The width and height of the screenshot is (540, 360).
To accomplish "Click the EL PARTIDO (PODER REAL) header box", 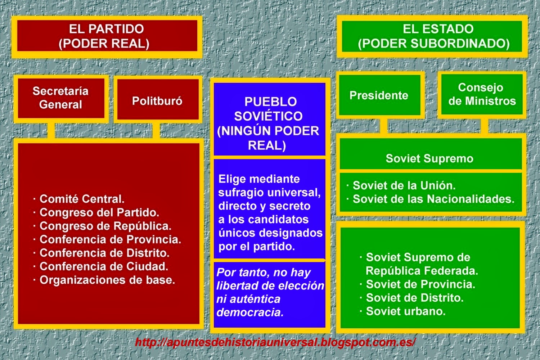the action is click(x=107, y=37).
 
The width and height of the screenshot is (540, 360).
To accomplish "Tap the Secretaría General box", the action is click(x=61, y=99).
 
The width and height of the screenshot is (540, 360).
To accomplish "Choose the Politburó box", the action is click(x=158, y=99).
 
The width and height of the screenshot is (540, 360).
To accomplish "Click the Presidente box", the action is click(x=380, y=95).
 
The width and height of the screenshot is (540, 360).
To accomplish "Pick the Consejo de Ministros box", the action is click(x=482, y=95).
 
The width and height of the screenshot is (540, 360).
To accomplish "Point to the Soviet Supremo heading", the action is click(x=429, y=158).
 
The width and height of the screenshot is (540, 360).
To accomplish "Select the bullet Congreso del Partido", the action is click(x=96, y=212).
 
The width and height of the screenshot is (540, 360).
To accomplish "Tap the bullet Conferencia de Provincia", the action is click(x=107, y=239).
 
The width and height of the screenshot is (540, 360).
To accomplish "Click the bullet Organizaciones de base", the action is click(x=104, y=280).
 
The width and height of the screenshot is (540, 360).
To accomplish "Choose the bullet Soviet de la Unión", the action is click(x=401, y=185).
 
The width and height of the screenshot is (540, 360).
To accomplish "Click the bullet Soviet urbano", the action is click(x=402, y=311).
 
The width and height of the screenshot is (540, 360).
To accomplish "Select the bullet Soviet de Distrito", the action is click(x=411, y=298).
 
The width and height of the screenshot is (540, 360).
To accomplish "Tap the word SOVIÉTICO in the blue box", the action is click(x=268, y=116).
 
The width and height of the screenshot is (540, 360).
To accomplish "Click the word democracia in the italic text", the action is click(x=250, y=312).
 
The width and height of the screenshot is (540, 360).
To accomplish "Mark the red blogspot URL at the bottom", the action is click(x=275, y=342).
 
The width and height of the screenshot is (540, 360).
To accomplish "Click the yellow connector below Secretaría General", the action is click(x=51, y=130).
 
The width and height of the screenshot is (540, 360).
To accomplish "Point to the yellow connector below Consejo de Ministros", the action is click(x=485, y=126).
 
